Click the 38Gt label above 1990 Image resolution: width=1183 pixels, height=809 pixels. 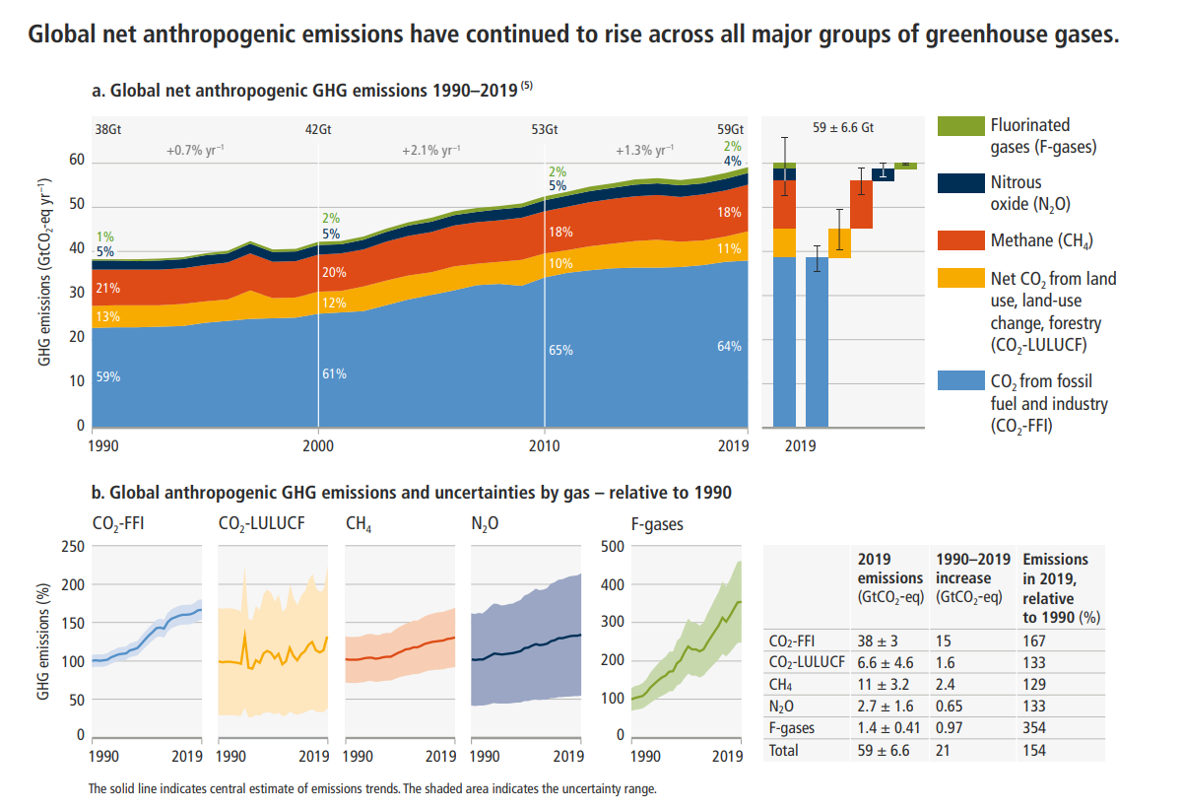point(108,129)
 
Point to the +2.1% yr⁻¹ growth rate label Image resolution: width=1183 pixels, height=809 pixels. point(430,151)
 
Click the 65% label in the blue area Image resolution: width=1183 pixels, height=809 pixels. point(560,350)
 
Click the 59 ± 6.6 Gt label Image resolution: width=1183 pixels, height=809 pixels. point(843,128)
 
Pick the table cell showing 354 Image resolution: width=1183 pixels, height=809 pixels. point(1035,728)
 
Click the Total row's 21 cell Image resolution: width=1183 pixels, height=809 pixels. point(944,750)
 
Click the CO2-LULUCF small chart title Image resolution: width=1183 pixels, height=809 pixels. point(260,525)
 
